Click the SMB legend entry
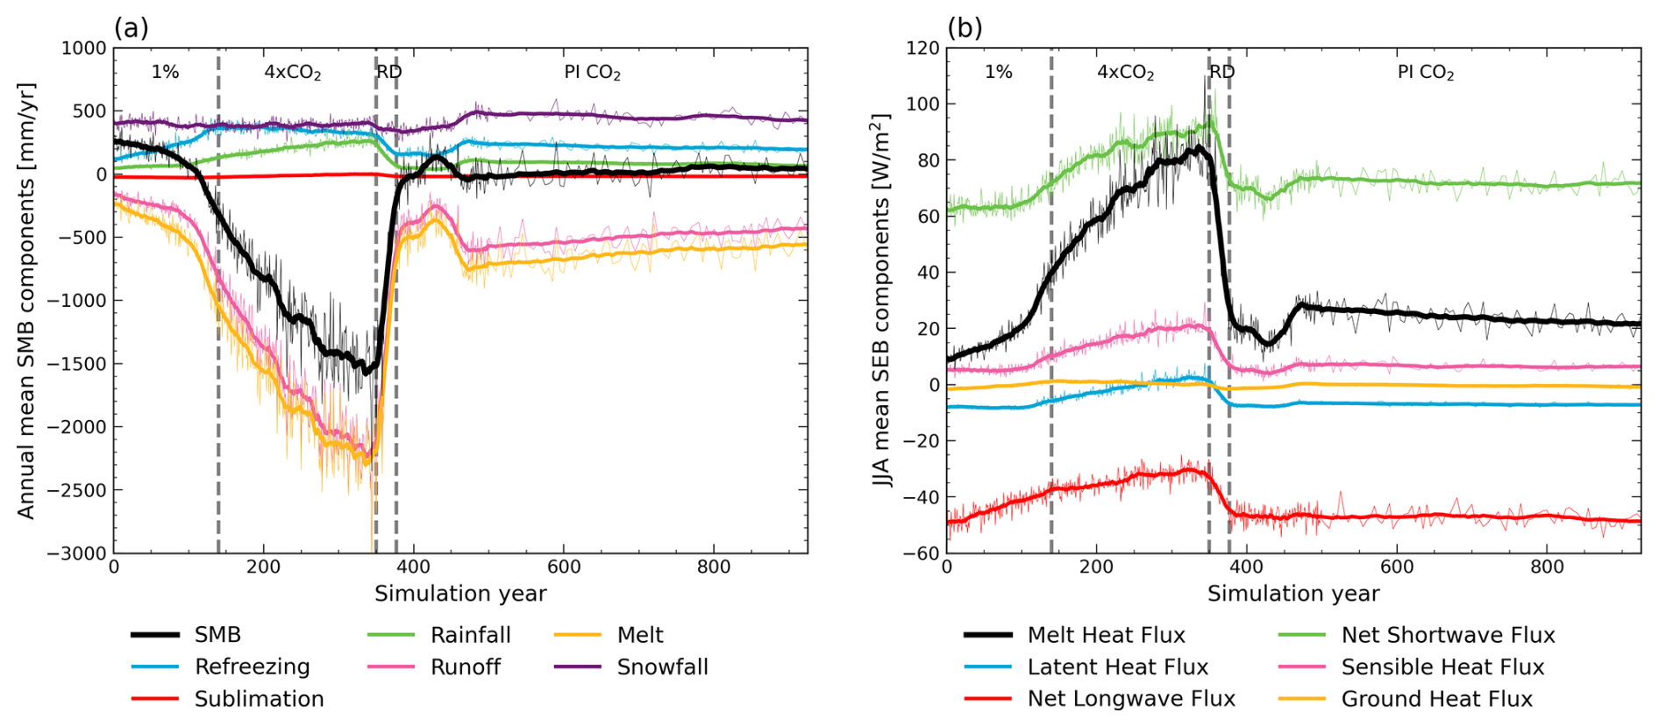point(217,635)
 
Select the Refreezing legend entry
point(252,667)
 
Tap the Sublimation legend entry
point(259,699)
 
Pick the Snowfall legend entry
point(662,667)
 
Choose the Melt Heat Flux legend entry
point(1106,635)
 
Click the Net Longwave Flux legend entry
point(1131,699)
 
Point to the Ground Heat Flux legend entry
point(1436,699)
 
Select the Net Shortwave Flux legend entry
point(1448,635)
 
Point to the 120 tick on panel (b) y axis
point(922,48)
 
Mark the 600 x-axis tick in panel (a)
point(564,567)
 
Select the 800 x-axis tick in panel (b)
point(1547,567)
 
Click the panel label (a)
point(132,28)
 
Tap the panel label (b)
point(965,28)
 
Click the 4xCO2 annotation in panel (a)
point(293,73)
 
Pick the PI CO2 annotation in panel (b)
point(1426,73)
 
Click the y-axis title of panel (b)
point(882,300)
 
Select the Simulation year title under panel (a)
point(460,594)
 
